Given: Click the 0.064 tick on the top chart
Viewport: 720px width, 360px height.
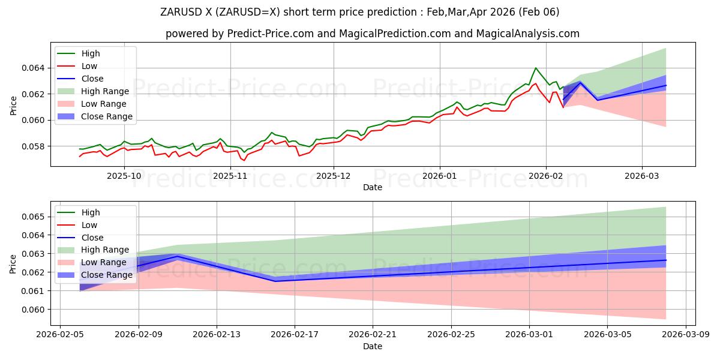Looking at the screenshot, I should pyautogui.click(x=37, y=68).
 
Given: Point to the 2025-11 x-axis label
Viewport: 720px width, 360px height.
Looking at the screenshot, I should pyautogui.click(x=230, y=176).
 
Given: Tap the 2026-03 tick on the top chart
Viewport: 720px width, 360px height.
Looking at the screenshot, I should pyautogui.click(x=642, y=176).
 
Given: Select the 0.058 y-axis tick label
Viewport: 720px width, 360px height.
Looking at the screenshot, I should pyautogui.click(x=37, y=146).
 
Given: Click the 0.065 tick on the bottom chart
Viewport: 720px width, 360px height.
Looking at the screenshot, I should pyautogui.click(x=37, y=216).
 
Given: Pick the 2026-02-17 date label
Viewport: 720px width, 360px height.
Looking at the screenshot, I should pyautogui.click(x=295, y=335).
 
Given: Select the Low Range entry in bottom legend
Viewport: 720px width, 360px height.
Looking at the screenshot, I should pyautogui.click(x=104, y=262).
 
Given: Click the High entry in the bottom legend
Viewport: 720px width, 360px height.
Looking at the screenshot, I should pyautogui.click(x=91, y=212).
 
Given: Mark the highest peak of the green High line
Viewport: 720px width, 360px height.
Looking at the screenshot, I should pyautogui.click(x=536, y=68).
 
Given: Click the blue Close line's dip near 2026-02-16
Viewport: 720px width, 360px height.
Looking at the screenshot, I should pyautogui.click(x=275, y=281).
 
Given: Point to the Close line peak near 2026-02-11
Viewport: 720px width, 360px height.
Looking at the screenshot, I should pyautogui.click(x=178, y=256).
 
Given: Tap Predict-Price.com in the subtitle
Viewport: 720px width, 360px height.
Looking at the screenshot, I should pyautogui.click(x=274, y=34).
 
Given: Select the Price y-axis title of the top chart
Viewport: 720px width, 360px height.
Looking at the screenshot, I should pyautogui.click(x=13, y=106).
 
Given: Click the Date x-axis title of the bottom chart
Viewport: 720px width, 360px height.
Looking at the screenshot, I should pyautogui.click(x=373, y=346).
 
